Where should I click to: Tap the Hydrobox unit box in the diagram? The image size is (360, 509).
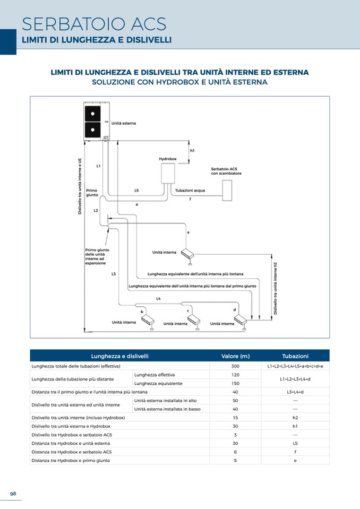(168, 173)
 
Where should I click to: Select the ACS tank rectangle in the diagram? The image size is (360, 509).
(227, 190)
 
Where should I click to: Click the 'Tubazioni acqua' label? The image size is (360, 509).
(190, 190)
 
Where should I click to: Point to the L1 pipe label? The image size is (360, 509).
(98, 166)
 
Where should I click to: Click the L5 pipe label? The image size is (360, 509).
(136, 190)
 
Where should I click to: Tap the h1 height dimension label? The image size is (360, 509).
(192, 151)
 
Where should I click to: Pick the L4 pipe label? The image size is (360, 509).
(158, 299)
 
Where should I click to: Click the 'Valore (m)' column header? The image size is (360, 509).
(235, 356)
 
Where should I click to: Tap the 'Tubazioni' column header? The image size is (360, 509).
(295, 356)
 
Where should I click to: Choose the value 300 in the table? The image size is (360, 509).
(235, 366)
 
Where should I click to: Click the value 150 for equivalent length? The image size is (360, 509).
(235, 383)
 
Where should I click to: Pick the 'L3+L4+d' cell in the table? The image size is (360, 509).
(295, 392)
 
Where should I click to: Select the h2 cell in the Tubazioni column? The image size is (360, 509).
(295, 418)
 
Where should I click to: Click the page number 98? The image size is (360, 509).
(13, 494)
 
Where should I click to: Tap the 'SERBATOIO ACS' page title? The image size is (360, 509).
(94, 24)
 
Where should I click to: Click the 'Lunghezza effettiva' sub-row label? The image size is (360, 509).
(151, 375)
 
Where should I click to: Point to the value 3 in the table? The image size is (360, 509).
(235, 435)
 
